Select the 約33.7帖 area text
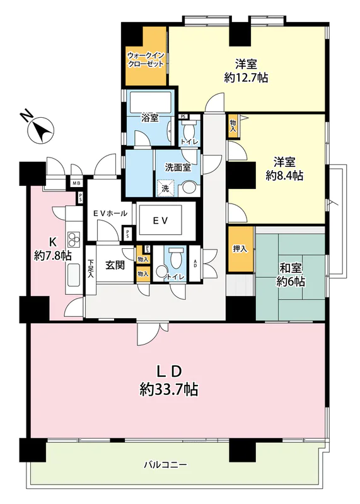[x=168, y=390]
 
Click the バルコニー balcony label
[x=165, y=464]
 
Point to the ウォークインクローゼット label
[x=146, y=59]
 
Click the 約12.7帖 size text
[x=246, y=78]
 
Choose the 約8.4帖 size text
[x=285, y=176]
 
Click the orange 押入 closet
[x=240, y=249]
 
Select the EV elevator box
[x=160, y=220]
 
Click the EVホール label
[x=110, y=213]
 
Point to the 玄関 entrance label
[x=115, y=265]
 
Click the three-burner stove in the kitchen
[x=74, y=239]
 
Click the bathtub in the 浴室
[x=149, y=102]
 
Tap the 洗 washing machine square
[x=165, y=188]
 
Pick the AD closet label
[x=195, y=263]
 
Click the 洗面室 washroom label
[x=178, y=168]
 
